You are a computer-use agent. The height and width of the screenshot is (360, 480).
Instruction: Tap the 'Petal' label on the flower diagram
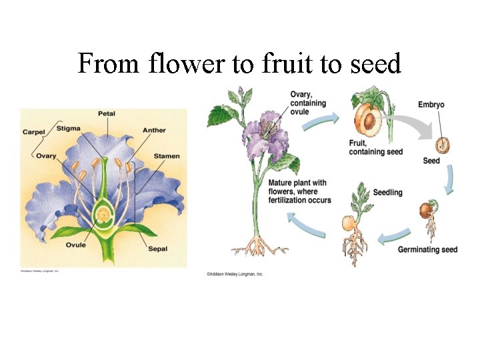[x=107, y=114]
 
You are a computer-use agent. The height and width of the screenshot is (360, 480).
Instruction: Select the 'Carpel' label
[x=33, y=132]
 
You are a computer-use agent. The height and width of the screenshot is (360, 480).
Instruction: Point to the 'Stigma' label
[x=69, y=128]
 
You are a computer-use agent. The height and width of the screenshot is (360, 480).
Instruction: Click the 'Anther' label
[x=154, y=131]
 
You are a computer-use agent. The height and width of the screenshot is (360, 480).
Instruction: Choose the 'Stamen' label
[x=167, y=156]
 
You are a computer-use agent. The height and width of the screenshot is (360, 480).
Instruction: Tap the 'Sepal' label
[x=158, y=249]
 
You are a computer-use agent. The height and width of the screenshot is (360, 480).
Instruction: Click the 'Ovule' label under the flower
[x=75, y=245]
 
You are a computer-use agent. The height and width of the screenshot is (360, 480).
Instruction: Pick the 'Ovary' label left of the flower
[x=46, y=156]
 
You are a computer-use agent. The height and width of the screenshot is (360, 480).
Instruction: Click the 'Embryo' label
[x=431, y=105]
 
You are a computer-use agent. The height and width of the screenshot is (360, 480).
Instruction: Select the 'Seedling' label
[x=387, y=192]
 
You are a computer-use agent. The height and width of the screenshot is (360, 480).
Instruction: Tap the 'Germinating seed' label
[x=427, y=250]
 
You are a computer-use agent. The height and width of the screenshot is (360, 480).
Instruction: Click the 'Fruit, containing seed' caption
[x=375, y=147]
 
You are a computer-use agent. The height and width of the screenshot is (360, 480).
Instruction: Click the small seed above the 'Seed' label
[x=441, y=143]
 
